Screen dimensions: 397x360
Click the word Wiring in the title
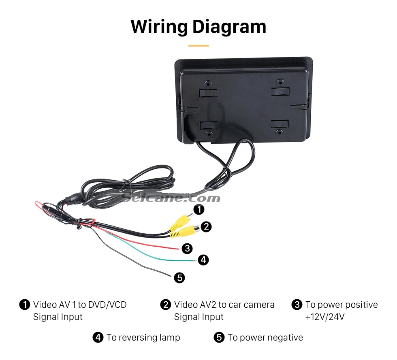pos(159,27)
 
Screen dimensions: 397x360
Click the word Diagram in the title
pos(229,27)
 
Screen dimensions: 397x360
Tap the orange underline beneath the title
pos(198,46)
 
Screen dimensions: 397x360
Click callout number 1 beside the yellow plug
pos(199,209)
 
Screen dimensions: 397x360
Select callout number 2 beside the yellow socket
pos(206,226)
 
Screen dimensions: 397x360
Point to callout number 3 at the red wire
pos(187,248)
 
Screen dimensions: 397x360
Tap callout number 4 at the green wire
pos(203,260)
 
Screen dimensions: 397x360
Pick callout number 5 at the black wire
pos(179,278)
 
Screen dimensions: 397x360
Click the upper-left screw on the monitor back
pos(208,83)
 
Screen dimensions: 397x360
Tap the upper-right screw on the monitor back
pos(280,82)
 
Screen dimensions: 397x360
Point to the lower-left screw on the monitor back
pos(209,134)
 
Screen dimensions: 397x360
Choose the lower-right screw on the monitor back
pos(279,132)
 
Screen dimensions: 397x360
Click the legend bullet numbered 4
pos(98,337)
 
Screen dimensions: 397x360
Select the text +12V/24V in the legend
pos(325,317)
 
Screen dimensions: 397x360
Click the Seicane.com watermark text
pos(171,198)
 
